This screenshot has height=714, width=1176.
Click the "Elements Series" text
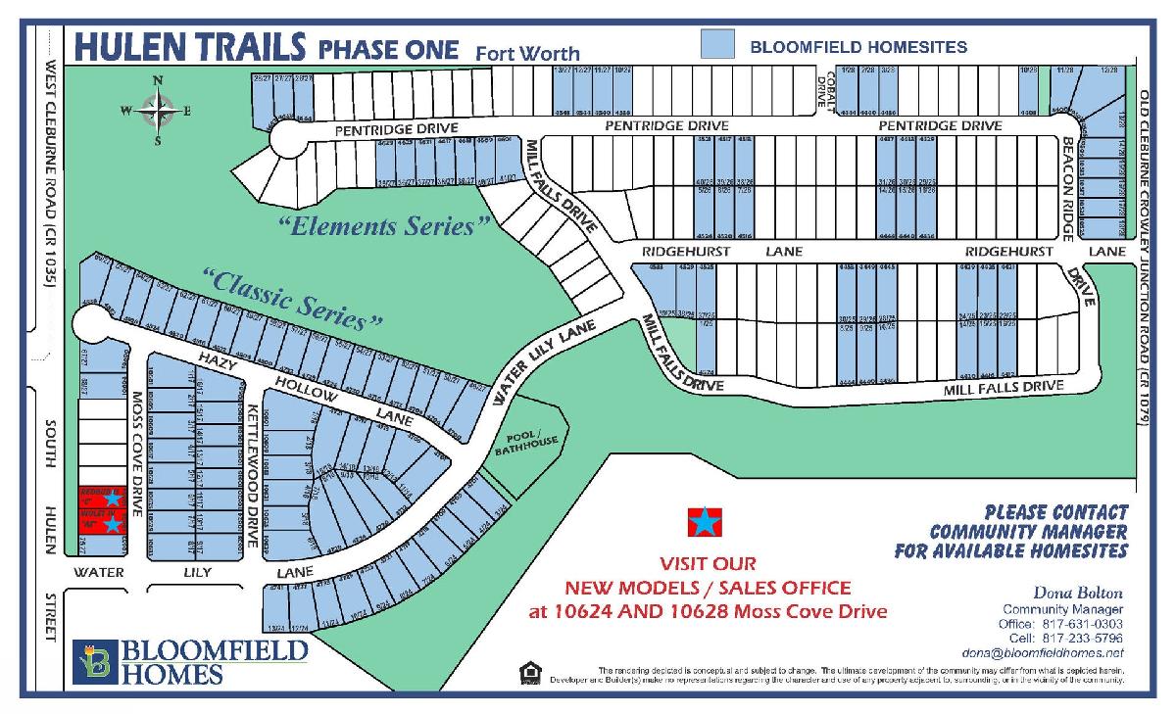[x=383, y=226]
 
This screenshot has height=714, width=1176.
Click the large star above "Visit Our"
[x=703, y=523]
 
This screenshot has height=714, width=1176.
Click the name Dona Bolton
[x=1078, y=593]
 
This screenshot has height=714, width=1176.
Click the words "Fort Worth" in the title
[x=527, y=53]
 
